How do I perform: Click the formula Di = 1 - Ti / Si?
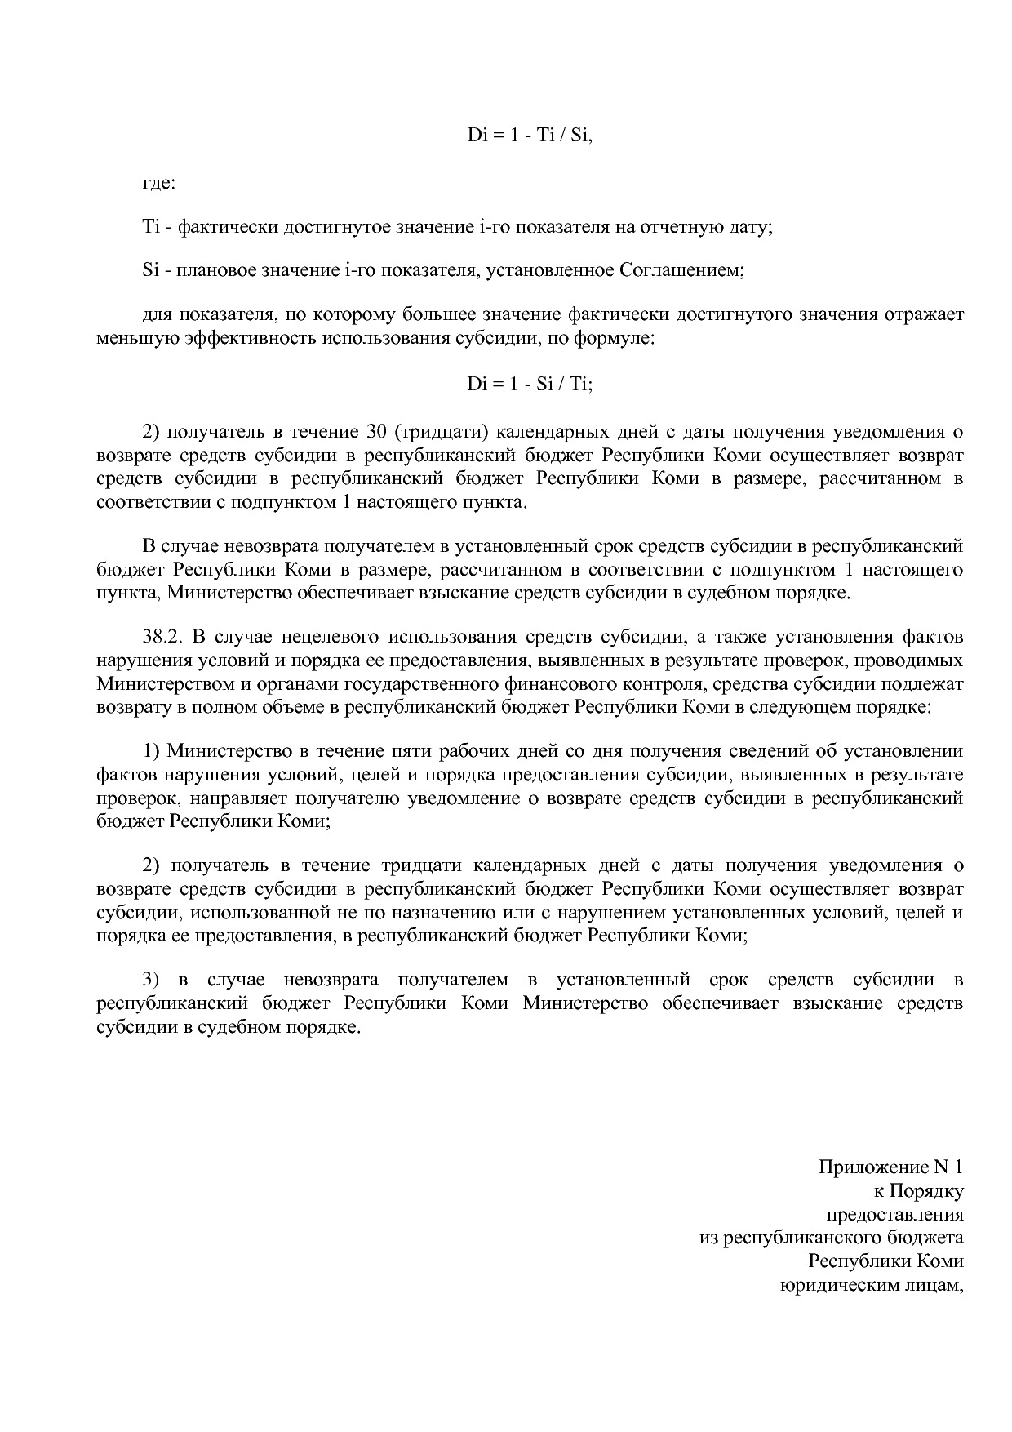click(530, 136)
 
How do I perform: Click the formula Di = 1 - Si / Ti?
click(530, 385)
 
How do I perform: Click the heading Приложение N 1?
click(890, 1167)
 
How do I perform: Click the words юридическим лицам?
click(872, 1285)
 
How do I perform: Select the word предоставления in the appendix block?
click(895, 1214)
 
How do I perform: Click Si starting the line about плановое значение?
click(149, 270)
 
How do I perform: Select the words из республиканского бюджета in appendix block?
click(832, 1238)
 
